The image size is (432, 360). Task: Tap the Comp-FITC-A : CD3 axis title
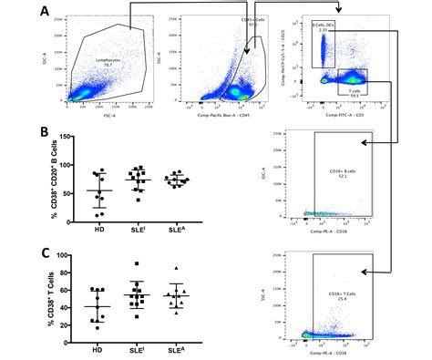pyautogui.click(x=342, y=114)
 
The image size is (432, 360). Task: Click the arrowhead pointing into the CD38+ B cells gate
pyautogui.click(x=363, y=143)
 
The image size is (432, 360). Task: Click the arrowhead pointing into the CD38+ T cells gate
pyautogui.click(x=363, y=272)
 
